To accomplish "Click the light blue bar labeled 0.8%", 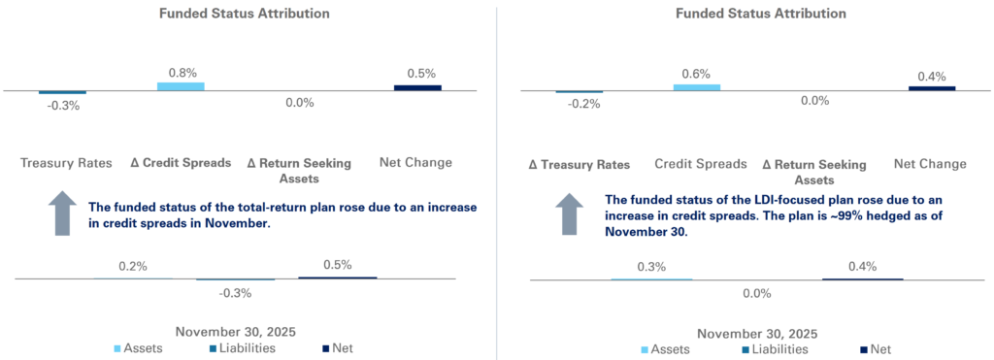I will pyautogui.click(x=181, y=86).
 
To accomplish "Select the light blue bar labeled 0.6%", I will pyautogui.click(x=696, y=87).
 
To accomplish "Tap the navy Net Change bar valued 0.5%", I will pyautogui.click(x=417, y=87).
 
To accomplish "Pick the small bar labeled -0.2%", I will pyautogui.click(x=579, y=92).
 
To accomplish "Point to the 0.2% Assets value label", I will pyautogui.click(x=133, y=266).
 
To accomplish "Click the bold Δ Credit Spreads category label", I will pyautogui.click(x=181, y=163).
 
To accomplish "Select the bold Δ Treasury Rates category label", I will pyautogui.click(x=579, y=164).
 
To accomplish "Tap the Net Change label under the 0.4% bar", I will pyautogui.click(x=929, y=164).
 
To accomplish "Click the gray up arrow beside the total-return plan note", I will pyautogui.click(x=61, y=213).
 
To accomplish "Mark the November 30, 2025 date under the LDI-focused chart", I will pyautogui.click(x=756, y=333).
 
